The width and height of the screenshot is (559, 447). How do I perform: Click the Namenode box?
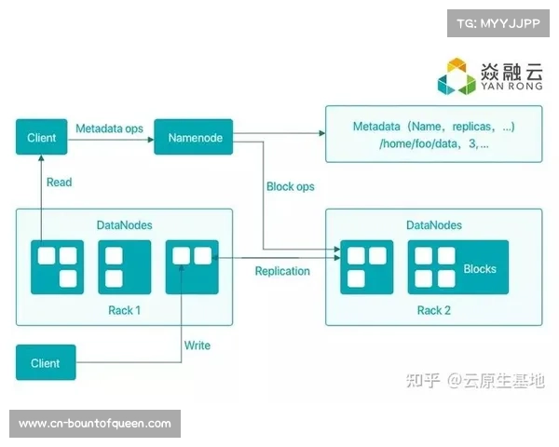(196, 138)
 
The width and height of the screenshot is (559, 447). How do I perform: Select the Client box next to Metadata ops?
(42, 138)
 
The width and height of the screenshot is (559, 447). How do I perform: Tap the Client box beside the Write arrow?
(45, 363)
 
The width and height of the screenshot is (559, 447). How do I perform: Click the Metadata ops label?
(109, 128)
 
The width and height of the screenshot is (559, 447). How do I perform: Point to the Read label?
(60, 182)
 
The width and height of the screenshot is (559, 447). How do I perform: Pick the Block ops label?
(290, 186)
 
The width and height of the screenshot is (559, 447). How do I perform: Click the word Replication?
(282, 271)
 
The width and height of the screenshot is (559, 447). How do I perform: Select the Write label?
(197, 345)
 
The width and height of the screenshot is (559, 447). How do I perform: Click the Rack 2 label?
(434, 310)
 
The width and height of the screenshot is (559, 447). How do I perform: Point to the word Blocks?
(480, 269)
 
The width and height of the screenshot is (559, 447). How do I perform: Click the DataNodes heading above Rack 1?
(124, 225)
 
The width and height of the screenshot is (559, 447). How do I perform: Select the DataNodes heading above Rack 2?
(434, 225)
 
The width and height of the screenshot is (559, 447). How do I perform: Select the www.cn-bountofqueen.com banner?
(96, 424)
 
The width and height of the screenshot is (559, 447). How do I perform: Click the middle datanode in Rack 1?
(124, 267)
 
